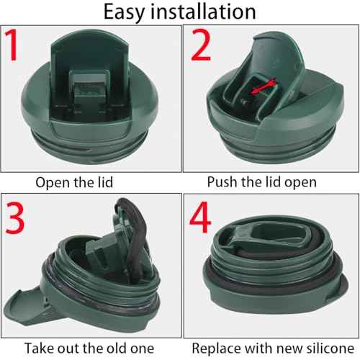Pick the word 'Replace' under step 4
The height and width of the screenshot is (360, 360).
(x=217, y=348)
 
